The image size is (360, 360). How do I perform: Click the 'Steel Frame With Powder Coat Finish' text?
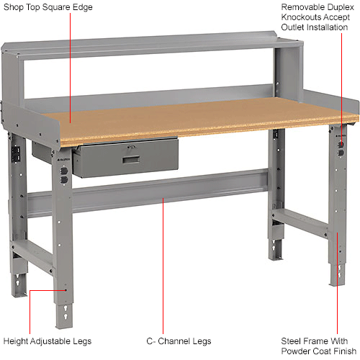click(x=313, y=346)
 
